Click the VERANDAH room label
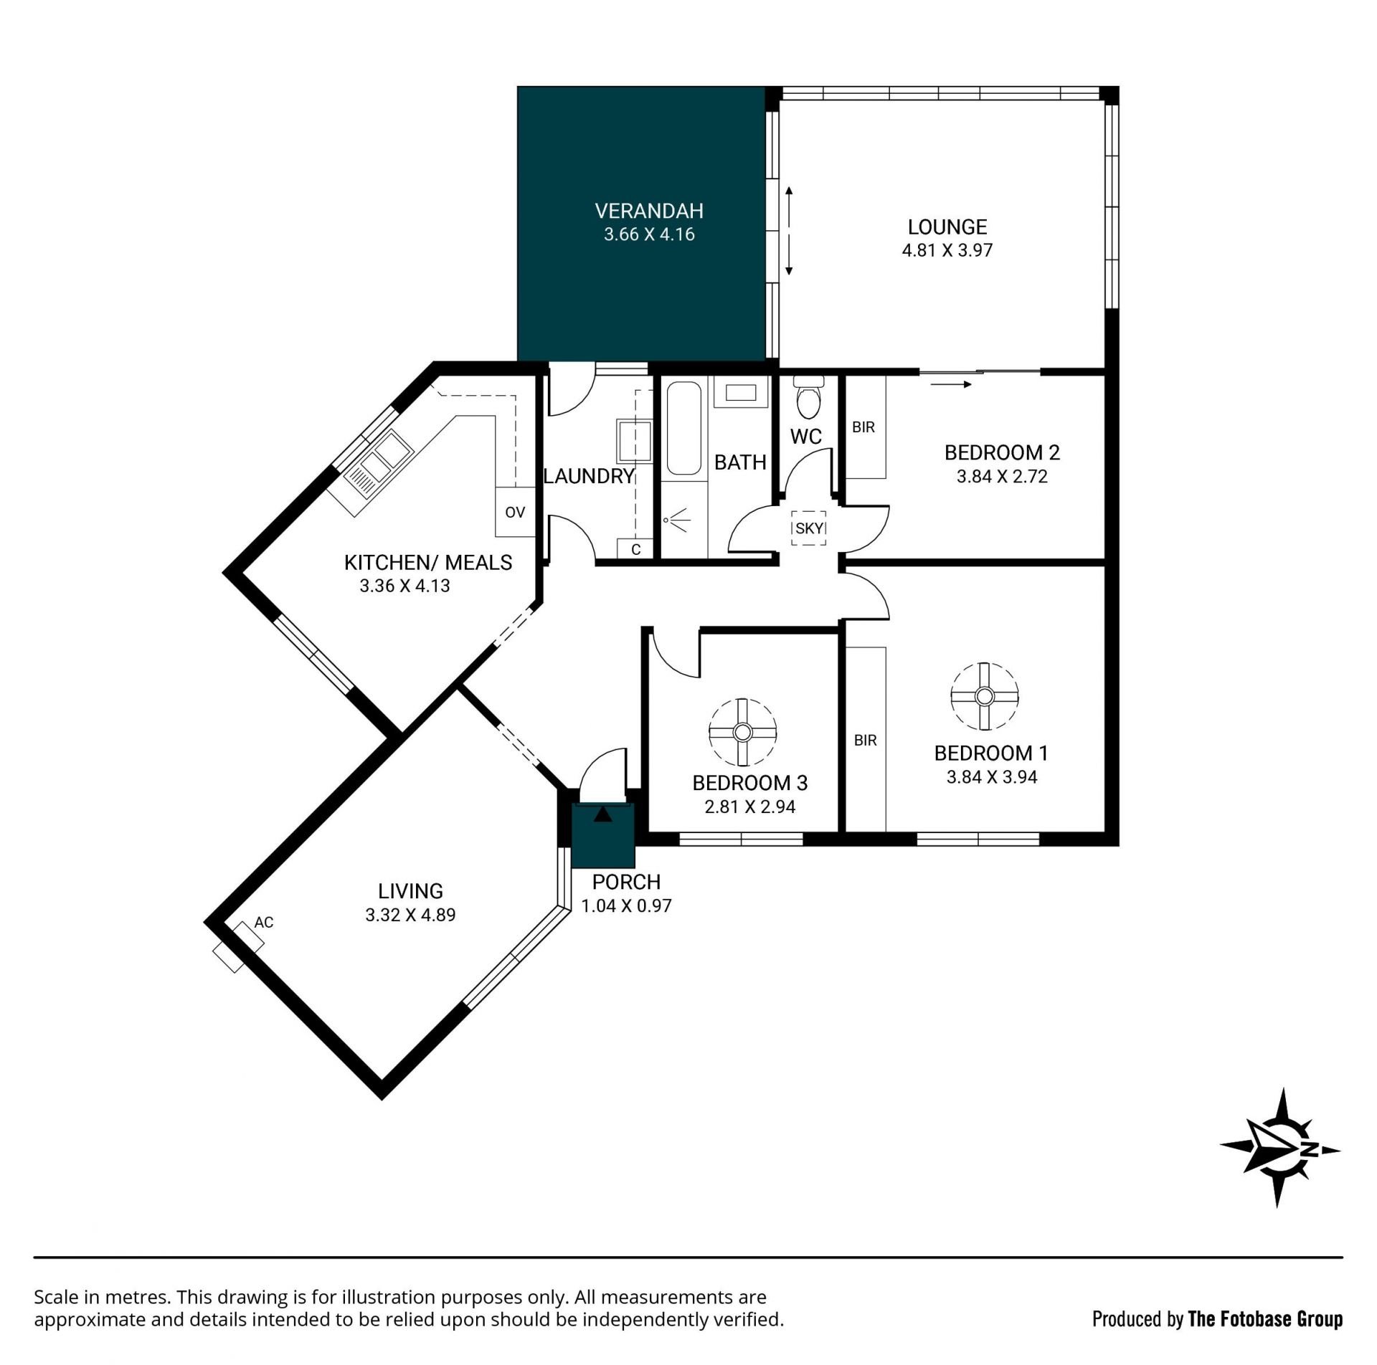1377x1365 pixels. coord(649,211)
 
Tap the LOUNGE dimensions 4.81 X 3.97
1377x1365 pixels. coord(947,250)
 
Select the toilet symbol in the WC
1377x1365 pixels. coord(810,399)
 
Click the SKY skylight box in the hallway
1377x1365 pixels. coord(810,528)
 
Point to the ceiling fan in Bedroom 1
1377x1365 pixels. coord(985,696)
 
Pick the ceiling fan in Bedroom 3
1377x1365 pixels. coord(742,732)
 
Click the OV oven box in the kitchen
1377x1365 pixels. coord(515,512)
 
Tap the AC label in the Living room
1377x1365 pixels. coord(264,922)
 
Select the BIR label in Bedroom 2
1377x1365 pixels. coord(863,427)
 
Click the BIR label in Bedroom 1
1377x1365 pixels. coord(866,741)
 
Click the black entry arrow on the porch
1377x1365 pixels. coord(603,814)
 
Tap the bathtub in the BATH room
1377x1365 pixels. coord(683,428)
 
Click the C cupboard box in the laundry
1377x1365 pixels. coord(635,549)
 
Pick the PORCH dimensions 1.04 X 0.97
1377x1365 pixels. coord(626,905)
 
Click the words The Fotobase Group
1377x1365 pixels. coord(1265,1318)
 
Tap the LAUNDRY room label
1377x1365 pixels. coord(589,476)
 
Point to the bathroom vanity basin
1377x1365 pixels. coord(741,393)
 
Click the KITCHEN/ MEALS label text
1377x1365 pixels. coord(428,563)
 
